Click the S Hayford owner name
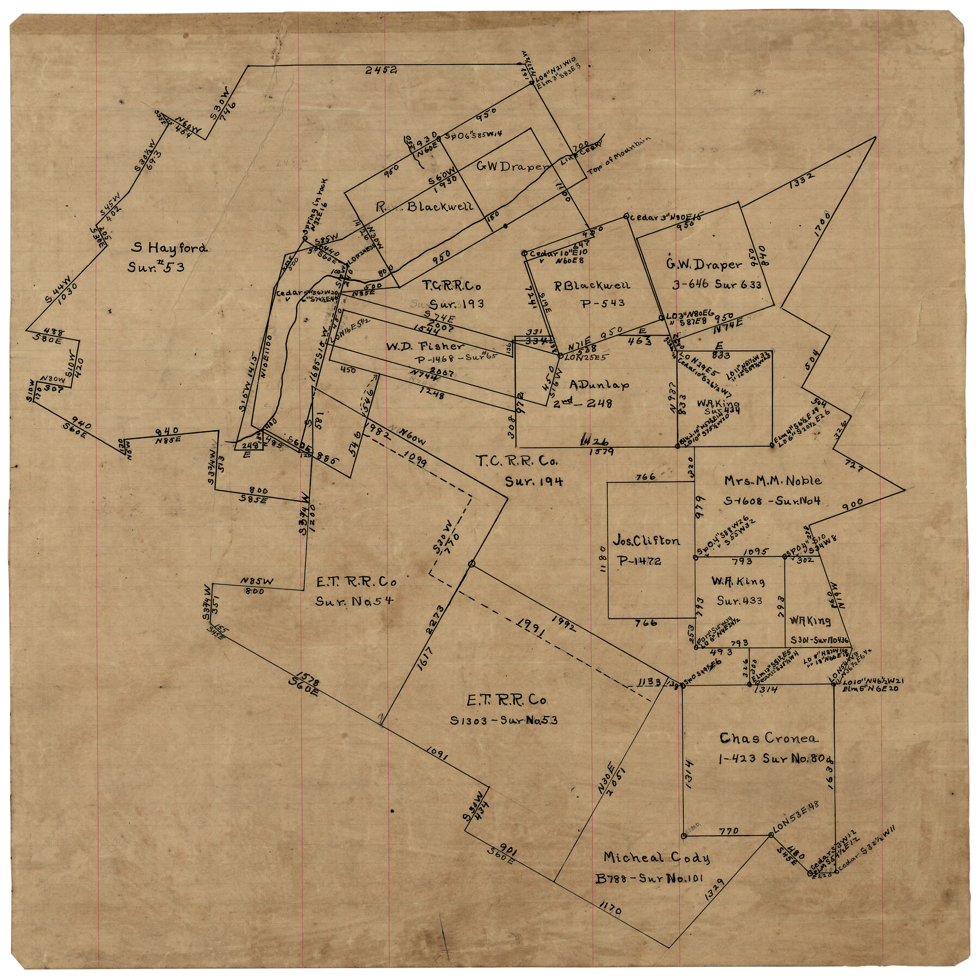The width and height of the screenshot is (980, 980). coord(169,248)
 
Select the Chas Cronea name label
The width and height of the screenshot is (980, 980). coord(768,738)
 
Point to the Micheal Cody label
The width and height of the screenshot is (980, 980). coord(656,858)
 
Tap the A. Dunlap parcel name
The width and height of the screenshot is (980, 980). coord(599,385)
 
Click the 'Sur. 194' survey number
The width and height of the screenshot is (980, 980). coord(534,481)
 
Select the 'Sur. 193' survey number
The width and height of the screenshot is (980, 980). coord(457,304)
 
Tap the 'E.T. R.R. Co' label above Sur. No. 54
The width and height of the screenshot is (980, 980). coord(357,582)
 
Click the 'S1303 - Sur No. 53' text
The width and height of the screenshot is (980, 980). coord(504,720)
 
